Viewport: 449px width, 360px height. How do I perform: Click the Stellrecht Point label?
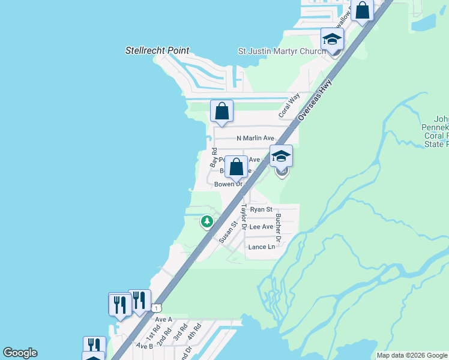[x=157, y=51]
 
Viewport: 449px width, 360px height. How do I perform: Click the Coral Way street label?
[x=289, y=106]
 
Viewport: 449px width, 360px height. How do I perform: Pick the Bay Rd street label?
[x=213, y=157]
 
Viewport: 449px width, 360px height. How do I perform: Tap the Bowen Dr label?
[x=228, y=184]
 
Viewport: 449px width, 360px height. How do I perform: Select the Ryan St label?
[x=261, y=209]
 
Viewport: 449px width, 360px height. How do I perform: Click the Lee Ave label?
[x=261, y=227]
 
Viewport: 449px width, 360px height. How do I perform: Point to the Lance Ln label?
[x=262, y=247]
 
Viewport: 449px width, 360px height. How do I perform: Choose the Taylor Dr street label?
[x=244, y=217]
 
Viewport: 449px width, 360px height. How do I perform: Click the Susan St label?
[x=225, y=231]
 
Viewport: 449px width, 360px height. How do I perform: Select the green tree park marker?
[x=207, y=222]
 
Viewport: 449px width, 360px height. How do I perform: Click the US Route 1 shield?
[x=156, y=308]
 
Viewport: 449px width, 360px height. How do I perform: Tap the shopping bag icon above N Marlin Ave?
[x=222, y=111]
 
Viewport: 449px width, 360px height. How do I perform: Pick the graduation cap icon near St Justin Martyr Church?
[x=331, y=40]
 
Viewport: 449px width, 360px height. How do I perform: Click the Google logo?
[x=20, y=353]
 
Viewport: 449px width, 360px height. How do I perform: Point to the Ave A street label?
[x=163, y=320]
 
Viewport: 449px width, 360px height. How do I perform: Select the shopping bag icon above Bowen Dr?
[x=237, y=167]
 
